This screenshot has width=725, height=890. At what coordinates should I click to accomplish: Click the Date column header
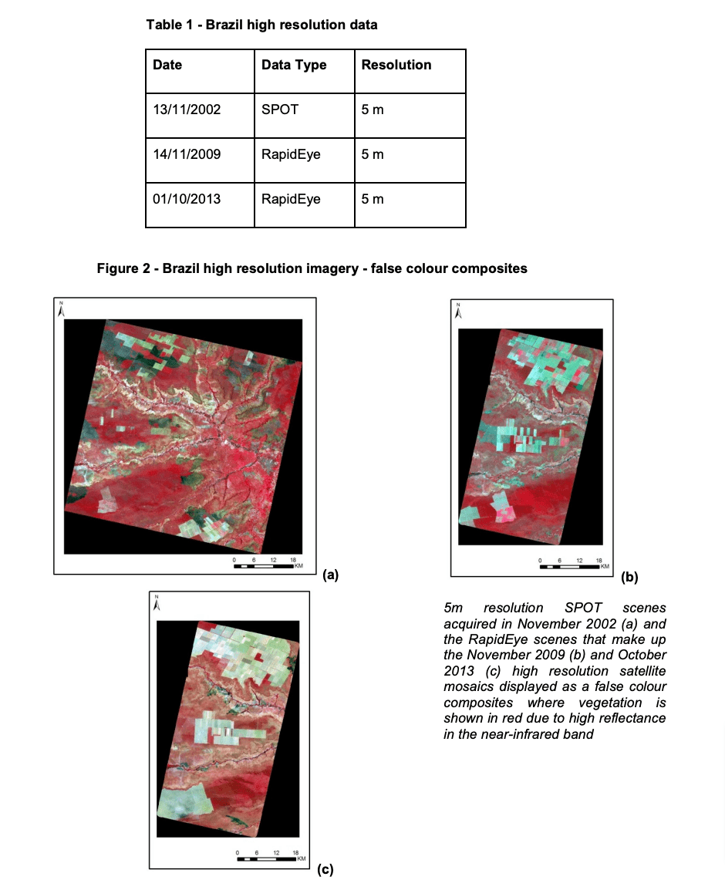pos(167,65)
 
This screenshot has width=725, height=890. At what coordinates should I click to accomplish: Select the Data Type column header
pos(294,65)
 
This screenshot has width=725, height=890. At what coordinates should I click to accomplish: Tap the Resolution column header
pos(396,65)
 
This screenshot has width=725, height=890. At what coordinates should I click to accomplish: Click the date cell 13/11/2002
pos(187,110)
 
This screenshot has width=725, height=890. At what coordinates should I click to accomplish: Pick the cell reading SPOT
pos(279,110)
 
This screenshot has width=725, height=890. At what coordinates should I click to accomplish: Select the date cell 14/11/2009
pos(187,154)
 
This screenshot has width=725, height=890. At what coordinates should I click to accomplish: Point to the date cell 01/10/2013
pos(187,199)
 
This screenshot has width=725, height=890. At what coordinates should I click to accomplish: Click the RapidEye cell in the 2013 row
pos(291,199)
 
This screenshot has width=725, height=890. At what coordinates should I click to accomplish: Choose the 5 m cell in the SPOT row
pos(372,110)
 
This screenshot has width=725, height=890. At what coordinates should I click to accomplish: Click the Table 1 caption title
pos(261,25)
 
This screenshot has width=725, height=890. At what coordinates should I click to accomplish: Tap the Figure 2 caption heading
pos(312,268)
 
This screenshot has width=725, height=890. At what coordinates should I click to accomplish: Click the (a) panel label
pos(330,574)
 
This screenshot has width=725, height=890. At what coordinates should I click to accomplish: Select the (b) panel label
pos(629,576)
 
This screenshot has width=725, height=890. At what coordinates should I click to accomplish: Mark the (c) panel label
pos(325,870)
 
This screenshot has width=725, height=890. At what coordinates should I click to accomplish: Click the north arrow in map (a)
pos(62,310)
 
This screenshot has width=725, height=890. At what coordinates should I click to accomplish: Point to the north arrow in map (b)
pos(458,312)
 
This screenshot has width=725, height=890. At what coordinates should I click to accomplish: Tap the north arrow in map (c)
pos(157,603)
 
